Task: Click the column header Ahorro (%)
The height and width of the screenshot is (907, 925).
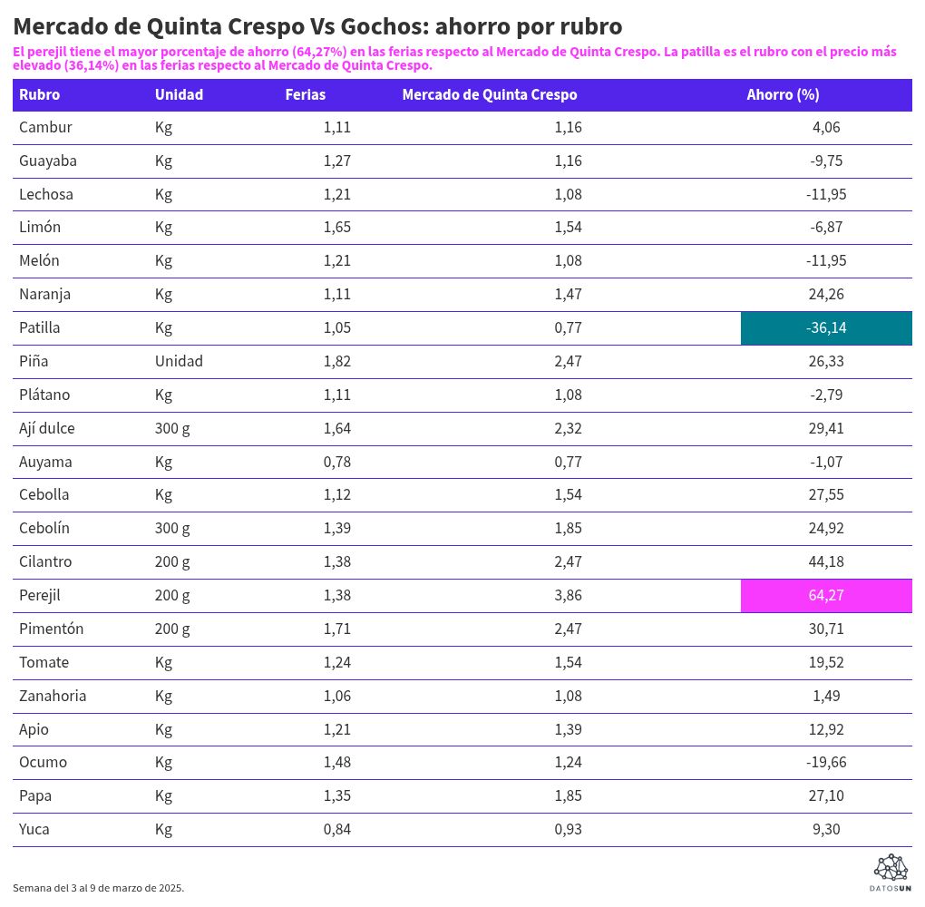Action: [783, 94]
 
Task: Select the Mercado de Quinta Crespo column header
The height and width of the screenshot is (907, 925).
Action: [489, 94]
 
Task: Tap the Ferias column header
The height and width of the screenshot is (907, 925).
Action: [305, 94]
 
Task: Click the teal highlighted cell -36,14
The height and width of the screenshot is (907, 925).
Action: [826, 327]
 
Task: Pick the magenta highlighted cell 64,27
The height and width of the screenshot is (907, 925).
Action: [826, 595]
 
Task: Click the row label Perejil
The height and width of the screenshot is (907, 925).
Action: [40, 595]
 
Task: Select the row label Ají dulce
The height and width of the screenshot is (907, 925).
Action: [47, 428]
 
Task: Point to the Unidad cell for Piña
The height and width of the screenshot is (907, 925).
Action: [179, 361]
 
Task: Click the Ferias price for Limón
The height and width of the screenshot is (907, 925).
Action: [336, 227]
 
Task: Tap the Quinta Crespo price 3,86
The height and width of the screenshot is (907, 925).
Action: [568, 595]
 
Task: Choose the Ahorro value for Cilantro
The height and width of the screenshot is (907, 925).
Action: [826, 561]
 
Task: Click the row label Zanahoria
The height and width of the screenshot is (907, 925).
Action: [53, 696]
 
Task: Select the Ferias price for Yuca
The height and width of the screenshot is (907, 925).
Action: [336, 829]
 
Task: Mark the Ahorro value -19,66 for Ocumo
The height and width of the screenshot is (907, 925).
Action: [826, 762]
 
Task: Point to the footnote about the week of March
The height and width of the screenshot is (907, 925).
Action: [98, 888]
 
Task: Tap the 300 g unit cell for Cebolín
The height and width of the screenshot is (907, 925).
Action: [172, 528]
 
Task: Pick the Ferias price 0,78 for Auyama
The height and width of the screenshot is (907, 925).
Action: [336, 462]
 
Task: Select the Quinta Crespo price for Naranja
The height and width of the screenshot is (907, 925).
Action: [568, 294]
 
